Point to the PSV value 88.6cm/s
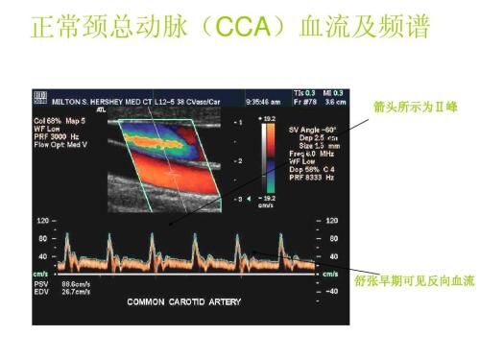pos(76,285)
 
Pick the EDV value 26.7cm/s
pos(76,293)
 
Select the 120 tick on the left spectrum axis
pos(43,222)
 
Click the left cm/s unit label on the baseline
pos(42,274)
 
